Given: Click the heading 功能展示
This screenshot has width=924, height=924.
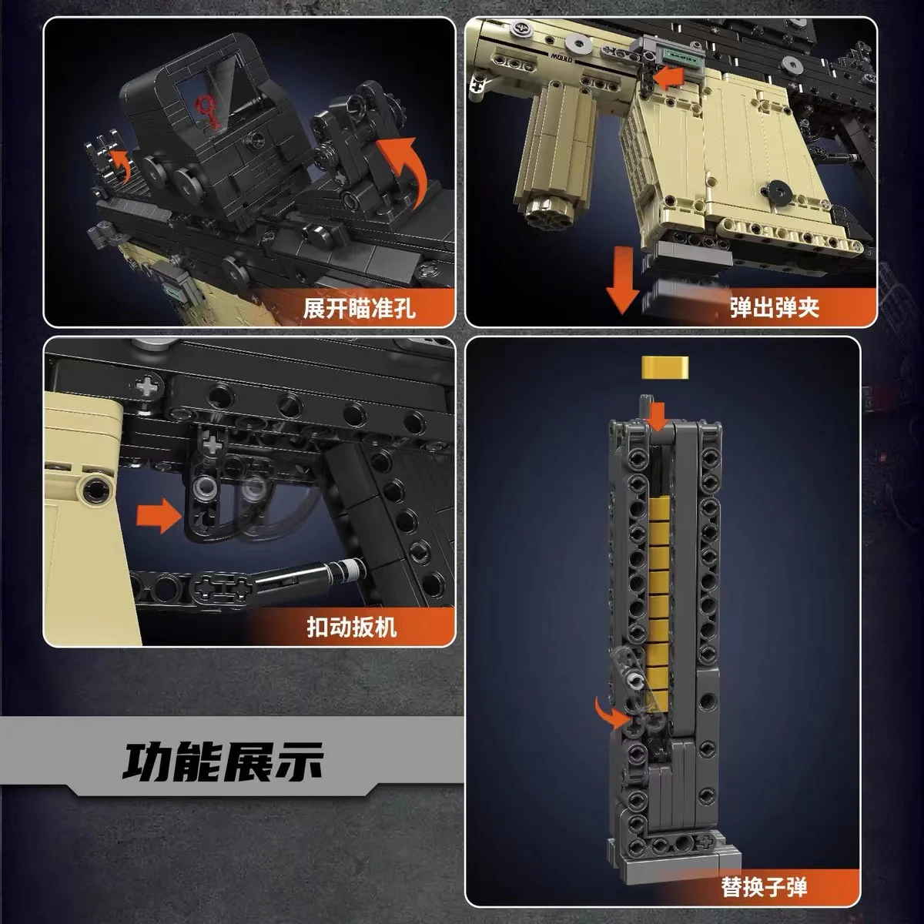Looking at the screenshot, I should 223,761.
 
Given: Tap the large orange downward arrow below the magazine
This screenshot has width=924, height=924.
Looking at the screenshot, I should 622,286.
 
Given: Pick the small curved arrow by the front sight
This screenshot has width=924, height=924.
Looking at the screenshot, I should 117,159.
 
